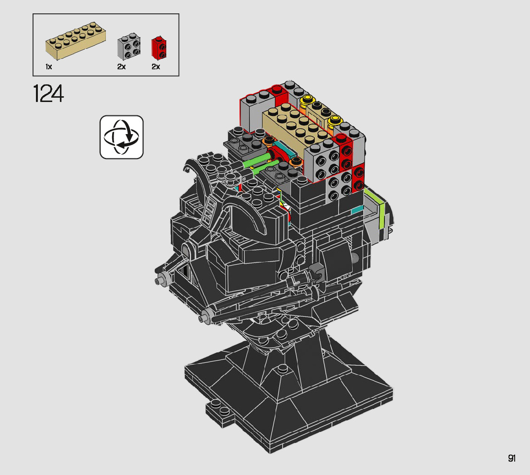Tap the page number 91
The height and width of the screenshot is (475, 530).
coord(511,458)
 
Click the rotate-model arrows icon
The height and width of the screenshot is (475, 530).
coord(122,137)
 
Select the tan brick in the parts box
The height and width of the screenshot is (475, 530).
coord(76,41)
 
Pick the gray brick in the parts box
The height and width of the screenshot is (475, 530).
coord(129,46)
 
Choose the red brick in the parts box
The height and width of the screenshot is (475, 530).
coord(159,47)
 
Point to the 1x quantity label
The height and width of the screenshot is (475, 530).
coord(49,67)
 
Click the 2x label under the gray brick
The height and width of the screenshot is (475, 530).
coord(121,67)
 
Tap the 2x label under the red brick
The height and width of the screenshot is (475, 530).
coord(155,67)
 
